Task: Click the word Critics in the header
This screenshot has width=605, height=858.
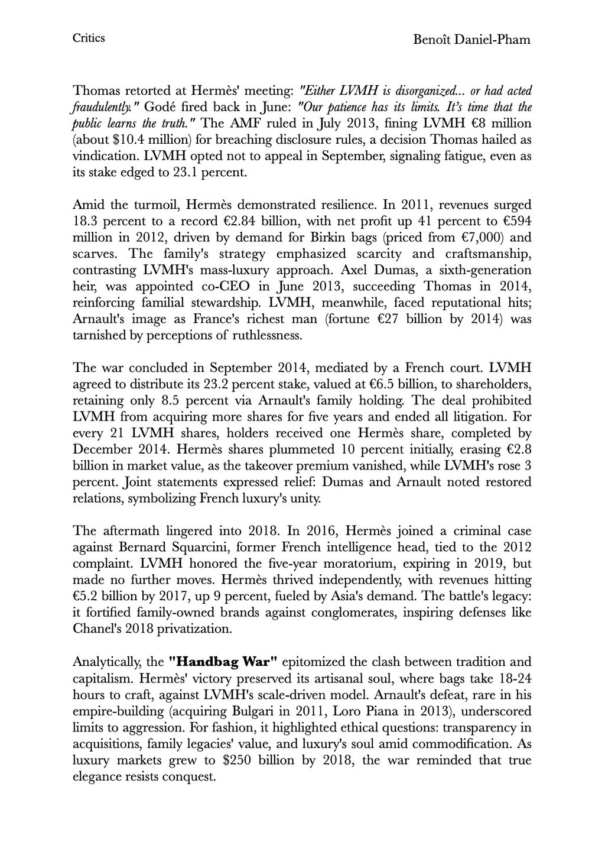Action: pos(89,38)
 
